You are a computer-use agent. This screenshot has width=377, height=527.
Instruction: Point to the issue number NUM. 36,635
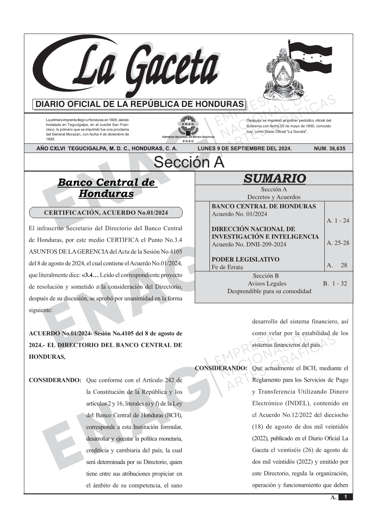click(330, 149)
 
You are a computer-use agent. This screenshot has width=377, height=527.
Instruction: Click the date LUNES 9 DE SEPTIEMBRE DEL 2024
click(245, 149)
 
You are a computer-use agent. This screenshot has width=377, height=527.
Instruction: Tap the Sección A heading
click(189, 163)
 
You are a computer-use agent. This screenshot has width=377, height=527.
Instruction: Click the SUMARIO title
click(274, 178)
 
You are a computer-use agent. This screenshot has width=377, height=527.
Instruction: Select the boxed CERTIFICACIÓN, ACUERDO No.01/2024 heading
click(106, 213)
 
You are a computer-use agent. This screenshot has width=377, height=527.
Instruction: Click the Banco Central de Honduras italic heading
click(106, 188)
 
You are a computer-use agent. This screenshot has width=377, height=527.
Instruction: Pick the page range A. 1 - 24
click(338, 221)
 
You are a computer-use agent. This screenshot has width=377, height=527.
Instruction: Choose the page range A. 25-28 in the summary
click(338, 243)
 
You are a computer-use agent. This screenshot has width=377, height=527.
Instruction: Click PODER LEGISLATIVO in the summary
click(245, 259)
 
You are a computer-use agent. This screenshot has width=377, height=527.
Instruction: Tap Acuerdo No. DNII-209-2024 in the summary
click(249, 244)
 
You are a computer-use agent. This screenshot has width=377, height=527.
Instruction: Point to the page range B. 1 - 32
click(335, 284)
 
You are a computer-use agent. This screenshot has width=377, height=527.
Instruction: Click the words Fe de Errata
click(227, 267)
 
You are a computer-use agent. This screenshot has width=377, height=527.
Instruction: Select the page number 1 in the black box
click(345, 497)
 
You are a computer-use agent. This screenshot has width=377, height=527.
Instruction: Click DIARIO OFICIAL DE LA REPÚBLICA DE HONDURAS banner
click(140, 104)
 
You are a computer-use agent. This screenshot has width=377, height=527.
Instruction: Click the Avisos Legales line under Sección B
click(267, 284)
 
